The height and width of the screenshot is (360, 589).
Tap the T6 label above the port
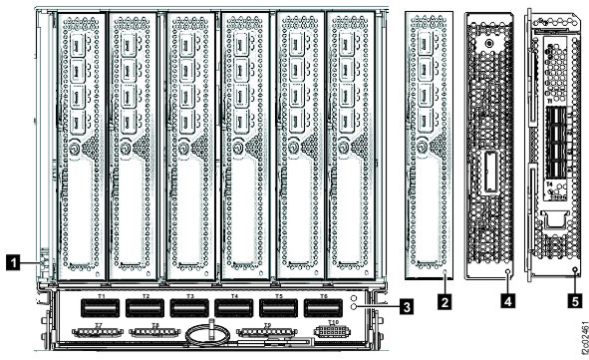319,296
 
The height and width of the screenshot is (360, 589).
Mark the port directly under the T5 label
275,308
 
